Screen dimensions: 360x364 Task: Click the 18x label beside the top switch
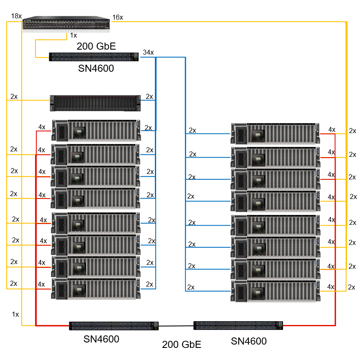[x=16, y=16]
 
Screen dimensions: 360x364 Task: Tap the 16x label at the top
[x=118, y=17]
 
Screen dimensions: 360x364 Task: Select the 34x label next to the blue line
[x=148, y=53]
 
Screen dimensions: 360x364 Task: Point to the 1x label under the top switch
[x=73, y=35]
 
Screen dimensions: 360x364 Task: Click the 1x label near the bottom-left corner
[x=15, y=314]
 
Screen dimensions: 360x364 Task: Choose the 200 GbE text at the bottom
[x=182, y=345]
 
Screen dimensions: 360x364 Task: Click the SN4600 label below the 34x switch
[x=96, y=68]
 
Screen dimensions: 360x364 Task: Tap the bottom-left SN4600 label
[x=101, y=340]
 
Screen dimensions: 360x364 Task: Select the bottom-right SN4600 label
[x=249, y=341]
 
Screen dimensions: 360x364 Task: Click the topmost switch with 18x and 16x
[x=66, y=23]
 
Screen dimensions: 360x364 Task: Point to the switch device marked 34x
[x=94, y=57]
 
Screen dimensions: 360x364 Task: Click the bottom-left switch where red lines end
[x=114, y=325]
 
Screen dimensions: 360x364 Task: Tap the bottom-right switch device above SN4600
[x=238, y=325]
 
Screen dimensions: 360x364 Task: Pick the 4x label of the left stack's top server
[x=42, y=127]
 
